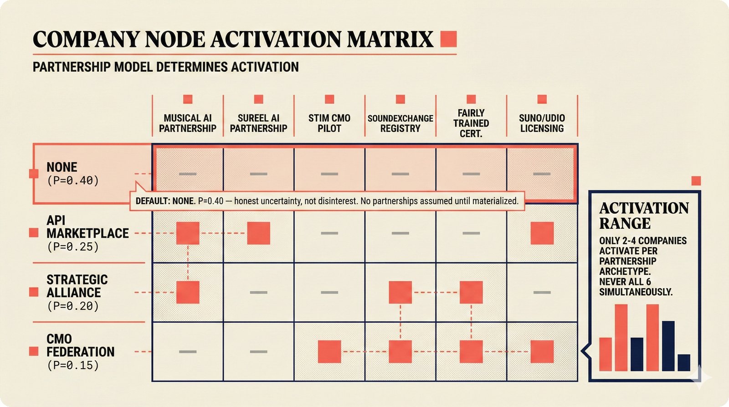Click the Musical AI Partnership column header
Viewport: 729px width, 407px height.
188,123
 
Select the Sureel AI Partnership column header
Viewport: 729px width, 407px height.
258,123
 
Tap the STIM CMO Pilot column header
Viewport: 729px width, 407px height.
329,123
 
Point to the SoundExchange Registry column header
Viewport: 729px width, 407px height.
400,123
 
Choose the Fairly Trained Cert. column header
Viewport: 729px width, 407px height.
471,123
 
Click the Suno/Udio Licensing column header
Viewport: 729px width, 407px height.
542,123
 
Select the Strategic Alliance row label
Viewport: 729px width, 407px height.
77,292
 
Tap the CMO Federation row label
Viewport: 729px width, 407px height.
80,351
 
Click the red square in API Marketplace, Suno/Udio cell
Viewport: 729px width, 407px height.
542,233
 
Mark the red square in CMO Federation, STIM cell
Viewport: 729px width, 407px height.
329,351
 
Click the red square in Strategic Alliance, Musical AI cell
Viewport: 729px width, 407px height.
188,292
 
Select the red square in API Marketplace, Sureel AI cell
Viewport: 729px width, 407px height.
258,233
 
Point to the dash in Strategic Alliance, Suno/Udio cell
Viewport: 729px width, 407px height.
542,292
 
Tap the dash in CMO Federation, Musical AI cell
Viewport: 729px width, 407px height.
188,351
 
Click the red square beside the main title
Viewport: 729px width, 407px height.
448,39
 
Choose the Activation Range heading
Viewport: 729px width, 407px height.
643,216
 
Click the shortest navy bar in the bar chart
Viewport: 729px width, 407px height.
683,362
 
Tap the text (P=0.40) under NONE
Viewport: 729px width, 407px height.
73,180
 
